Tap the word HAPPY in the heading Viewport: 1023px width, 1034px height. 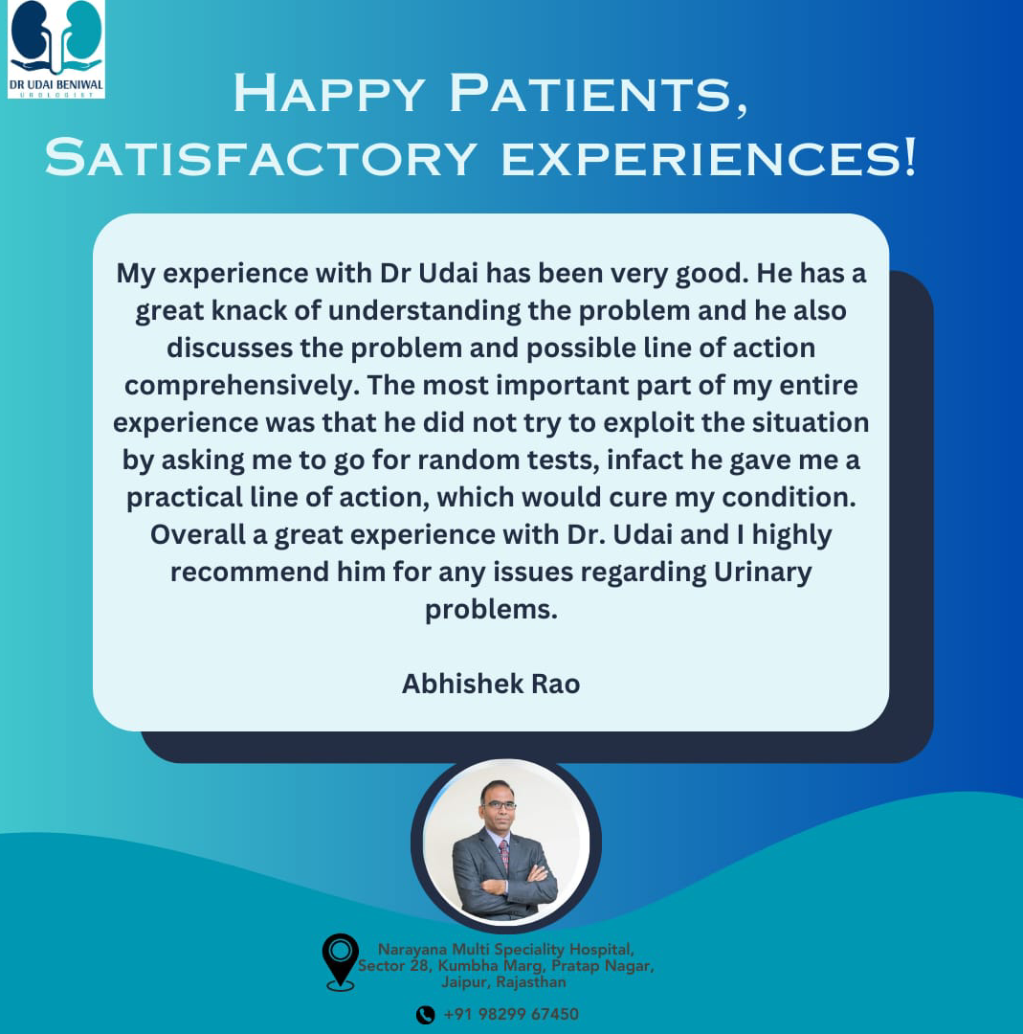[329, 94]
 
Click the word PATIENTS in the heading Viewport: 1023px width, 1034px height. [598, 94]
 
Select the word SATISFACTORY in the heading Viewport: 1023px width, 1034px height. [261, 157]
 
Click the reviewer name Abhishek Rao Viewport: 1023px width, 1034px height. [491, 684]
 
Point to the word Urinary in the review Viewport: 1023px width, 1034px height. [763, 573]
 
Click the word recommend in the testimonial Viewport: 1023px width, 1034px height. [250, 572]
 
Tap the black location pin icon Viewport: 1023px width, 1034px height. [340, 962]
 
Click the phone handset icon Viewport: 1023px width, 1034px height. [426, 1014]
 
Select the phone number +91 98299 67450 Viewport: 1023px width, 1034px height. [511, 1014]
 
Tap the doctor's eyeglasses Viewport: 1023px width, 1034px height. [498, 804]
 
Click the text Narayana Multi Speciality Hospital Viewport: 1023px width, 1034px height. [505, 949]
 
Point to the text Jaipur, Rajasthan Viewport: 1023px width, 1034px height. [503, 982]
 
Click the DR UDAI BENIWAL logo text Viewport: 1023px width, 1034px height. [56, 85]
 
